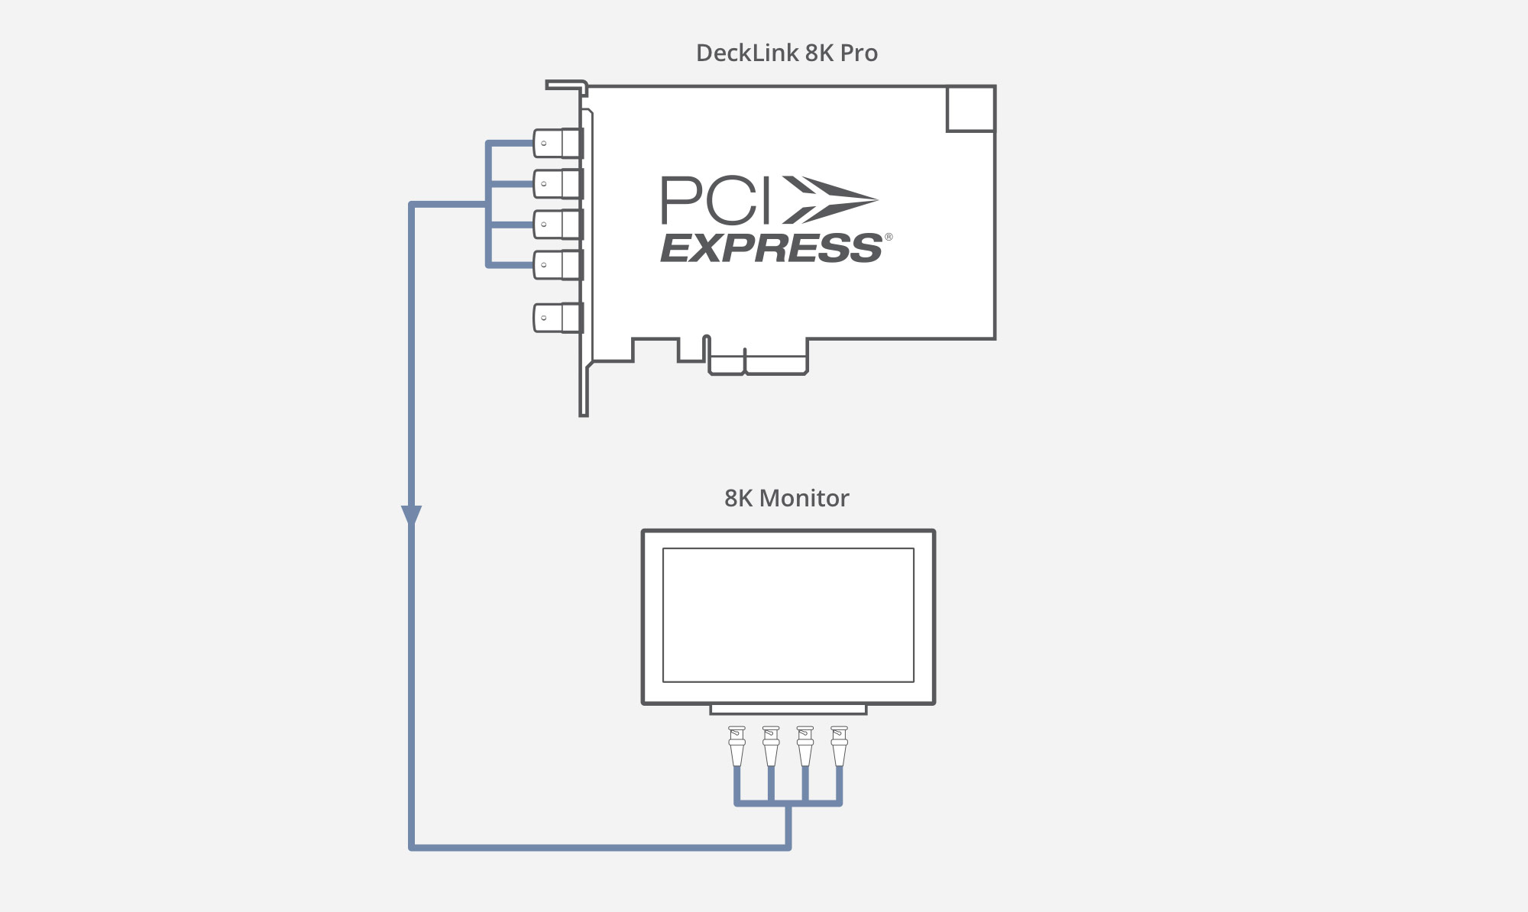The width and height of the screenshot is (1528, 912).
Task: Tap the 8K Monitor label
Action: [x=786, y=498]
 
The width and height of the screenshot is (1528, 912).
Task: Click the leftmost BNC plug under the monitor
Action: [x=736, y=745]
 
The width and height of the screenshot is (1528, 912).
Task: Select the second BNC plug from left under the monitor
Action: [x=771, y=745]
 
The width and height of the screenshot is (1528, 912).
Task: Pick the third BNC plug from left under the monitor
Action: [x=805, y=745]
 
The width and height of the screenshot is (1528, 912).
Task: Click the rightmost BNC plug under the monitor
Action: [x=839, y=745]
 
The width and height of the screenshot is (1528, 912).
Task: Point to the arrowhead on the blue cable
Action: [x=411, y=515]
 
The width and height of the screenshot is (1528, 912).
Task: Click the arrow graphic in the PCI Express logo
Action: [x=829, y=200]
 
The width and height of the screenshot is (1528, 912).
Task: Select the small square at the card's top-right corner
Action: [x=970, y=108]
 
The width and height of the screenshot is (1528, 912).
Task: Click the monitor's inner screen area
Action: [x=788, y=614]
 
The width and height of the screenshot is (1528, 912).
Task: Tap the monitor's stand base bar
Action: [x=788, y=710]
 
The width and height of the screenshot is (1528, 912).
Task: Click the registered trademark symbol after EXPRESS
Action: [x=888, y=237]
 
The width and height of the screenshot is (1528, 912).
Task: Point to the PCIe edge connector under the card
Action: [x=758, y=365]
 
